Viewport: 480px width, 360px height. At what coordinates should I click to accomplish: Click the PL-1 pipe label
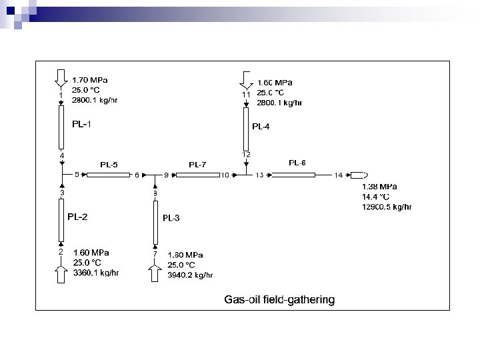tap(82, 124)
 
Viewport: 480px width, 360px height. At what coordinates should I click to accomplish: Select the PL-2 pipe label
tap(77, 217)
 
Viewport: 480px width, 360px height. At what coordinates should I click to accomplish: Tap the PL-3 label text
tap(171, 218)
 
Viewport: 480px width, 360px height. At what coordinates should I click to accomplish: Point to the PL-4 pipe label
tap(261, 126)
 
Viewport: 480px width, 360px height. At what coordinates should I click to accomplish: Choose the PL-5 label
tap(109, 165)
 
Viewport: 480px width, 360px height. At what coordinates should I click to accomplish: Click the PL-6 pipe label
tap(297, 163)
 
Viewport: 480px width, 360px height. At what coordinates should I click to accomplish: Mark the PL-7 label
tap(197, 165)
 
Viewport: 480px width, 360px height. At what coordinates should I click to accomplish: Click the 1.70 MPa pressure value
tap(90, 79)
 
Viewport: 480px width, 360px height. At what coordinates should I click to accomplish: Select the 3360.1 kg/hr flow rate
tap(95, 273)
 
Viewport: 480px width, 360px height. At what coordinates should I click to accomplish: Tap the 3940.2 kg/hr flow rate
tap(190, 275)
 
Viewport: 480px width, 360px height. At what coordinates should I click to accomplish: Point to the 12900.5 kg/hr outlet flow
tap(387, 207)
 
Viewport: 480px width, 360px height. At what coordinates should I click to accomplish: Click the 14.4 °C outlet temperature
tap(375, 197)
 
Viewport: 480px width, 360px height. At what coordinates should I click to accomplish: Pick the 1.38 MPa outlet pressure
tap(379, 187)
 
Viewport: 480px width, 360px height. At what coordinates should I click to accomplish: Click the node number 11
tap(246, 95)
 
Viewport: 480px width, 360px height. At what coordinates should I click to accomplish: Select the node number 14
tap(339, 175)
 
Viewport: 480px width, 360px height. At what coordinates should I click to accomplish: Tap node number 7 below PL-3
tap(155, 254)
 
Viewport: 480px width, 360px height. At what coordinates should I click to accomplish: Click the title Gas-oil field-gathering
tap(279, 300)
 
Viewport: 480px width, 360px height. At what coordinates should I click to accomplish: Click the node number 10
tap(225, 175)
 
